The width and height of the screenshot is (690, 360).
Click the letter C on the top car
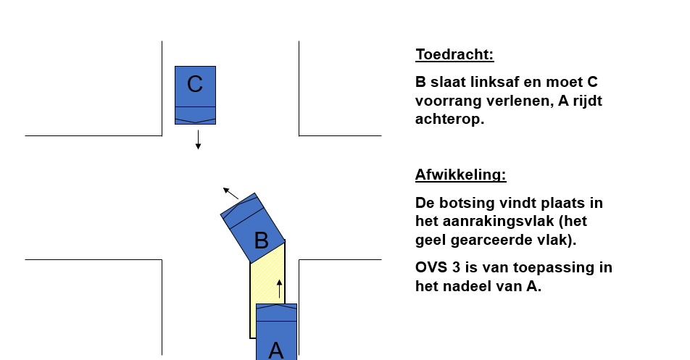pyautogui.click(x=195, y=84)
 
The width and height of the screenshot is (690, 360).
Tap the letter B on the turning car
pyautogui.click(x=262, y=240)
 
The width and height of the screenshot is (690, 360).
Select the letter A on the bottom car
pyautogui.click(x=276, y=351)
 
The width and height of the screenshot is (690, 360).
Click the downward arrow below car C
pyautogui.click(x=198, y=140)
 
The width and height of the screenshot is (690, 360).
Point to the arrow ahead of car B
pyautogui.click(x=231, y=193)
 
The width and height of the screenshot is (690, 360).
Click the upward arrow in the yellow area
pyautogui.click(x=279, y=288)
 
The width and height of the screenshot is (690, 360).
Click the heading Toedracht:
pyautogui.click(x=454, y=54)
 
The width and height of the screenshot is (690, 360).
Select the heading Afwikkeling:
pyautogui.click(x=461, y=175)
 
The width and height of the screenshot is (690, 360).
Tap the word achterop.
pyautogui.click(x=449, y=119)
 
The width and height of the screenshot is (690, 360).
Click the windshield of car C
pyautogui.click(x=196, y=113)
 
